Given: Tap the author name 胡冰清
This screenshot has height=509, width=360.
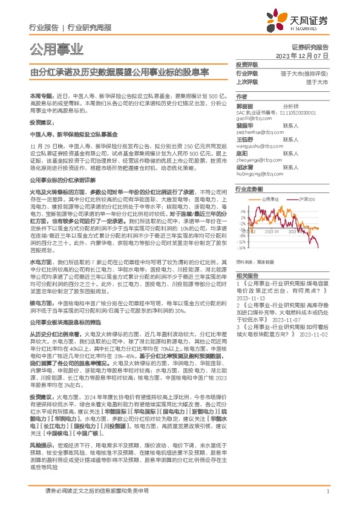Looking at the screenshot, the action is click(246, 167).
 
